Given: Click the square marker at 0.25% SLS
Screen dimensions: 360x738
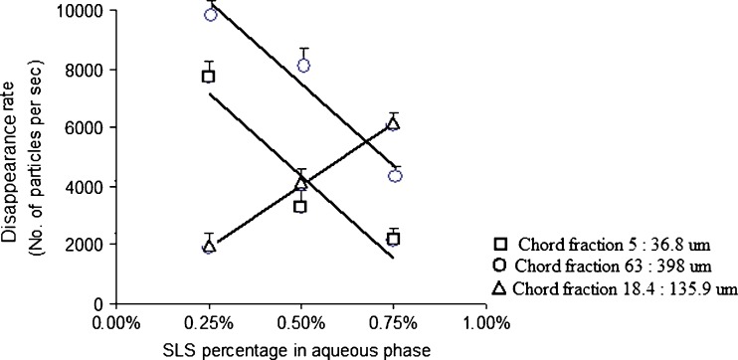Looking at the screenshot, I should (209, 77).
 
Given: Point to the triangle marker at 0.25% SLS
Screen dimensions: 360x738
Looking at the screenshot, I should (209, 246).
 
